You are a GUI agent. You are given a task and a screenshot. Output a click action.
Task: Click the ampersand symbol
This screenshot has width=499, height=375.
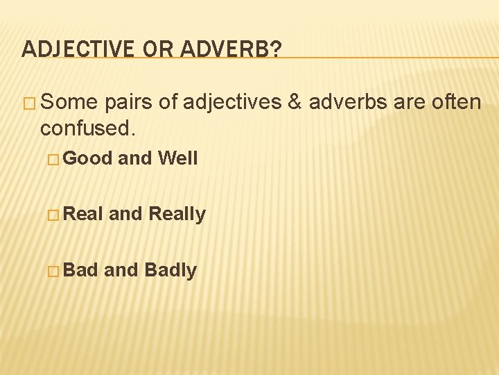(294, 103)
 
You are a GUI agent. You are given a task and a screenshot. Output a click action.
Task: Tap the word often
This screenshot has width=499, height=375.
(454, 103)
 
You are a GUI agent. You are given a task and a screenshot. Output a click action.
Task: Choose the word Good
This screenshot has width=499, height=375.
(89, 158)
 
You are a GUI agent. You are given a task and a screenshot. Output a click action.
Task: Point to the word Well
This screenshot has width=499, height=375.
(178, 158)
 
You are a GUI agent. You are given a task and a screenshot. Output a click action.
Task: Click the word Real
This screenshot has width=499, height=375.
(84, 214)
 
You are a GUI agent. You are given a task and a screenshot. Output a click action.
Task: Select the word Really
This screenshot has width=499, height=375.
(177, 215)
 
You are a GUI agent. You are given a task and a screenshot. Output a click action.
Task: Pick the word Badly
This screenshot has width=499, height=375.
(170, 270)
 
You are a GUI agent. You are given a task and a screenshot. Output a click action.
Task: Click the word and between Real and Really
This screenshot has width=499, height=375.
(125, 214)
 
